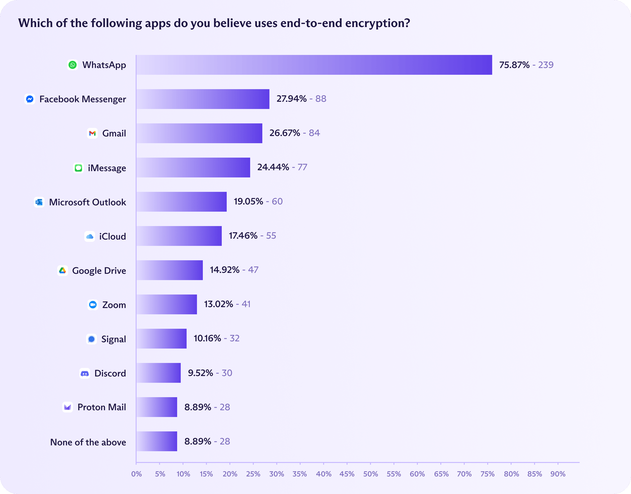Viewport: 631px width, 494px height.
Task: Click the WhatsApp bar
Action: coord(314,65)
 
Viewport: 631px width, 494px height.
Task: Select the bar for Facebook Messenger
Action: coord(203,99)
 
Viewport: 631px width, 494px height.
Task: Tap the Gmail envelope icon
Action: coord(92,133)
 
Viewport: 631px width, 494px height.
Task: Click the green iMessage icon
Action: coord(78,168)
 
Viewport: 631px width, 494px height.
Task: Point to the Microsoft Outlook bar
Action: coord(181,202)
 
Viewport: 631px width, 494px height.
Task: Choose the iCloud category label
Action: coord(112,236)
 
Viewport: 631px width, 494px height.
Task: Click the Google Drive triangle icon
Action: coord(62,270)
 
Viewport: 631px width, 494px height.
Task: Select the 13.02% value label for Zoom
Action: coord(219,304)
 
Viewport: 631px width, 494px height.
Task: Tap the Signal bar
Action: coord(161,339)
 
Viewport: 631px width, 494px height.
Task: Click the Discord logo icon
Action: coord(85,373)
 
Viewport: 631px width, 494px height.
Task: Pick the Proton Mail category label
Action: coord(102,407)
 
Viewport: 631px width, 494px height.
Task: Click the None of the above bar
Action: coord(157,441)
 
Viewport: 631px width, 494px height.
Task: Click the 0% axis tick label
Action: coord(136,474)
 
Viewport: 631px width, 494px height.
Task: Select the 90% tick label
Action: coord(558,474)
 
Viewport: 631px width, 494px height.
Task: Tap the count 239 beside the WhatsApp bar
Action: coord(546,65)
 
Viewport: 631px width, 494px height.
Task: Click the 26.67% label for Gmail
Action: coord(285,133)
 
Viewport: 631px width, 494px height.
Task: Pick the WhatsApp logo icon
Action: coord(73,65)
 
